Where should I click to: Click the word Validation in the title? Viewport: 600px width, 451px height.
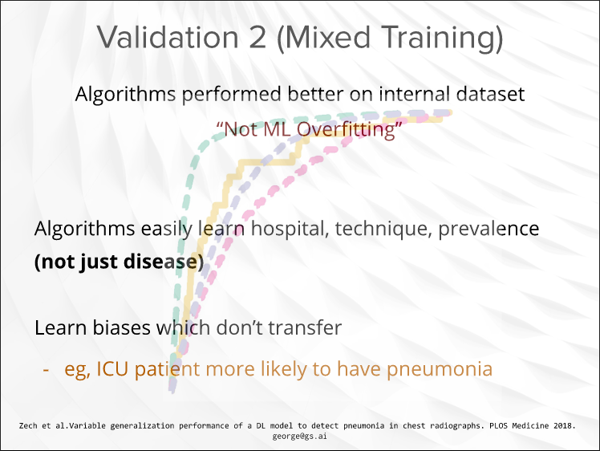click(x=168, y=37)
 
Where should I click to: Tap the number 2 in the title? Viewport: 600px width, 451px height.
click(x=257, y=38)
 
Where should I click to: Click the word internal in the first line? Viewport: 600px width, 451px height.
click(x=414, y=94)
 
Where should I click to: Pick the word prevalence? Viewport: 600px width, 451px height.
click(x=489, y=229)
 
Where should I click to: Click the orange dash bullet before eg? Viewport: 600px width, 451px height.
click(x=47, y=370)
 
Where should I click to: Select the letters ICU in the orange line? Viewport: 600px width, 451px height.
click(x=111, y=369)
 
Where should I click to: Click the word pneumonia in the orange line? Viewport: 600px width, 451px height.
click(x=440, y=370)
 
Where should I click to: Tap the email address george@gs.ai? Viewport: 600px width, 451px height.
click(x=300, y=436)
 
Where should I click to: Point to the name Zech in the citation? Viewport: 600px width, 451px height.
click(x=28, y=426)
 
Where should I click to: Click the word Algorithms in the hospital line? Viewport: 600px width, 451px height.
click(x=84, y=229)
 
